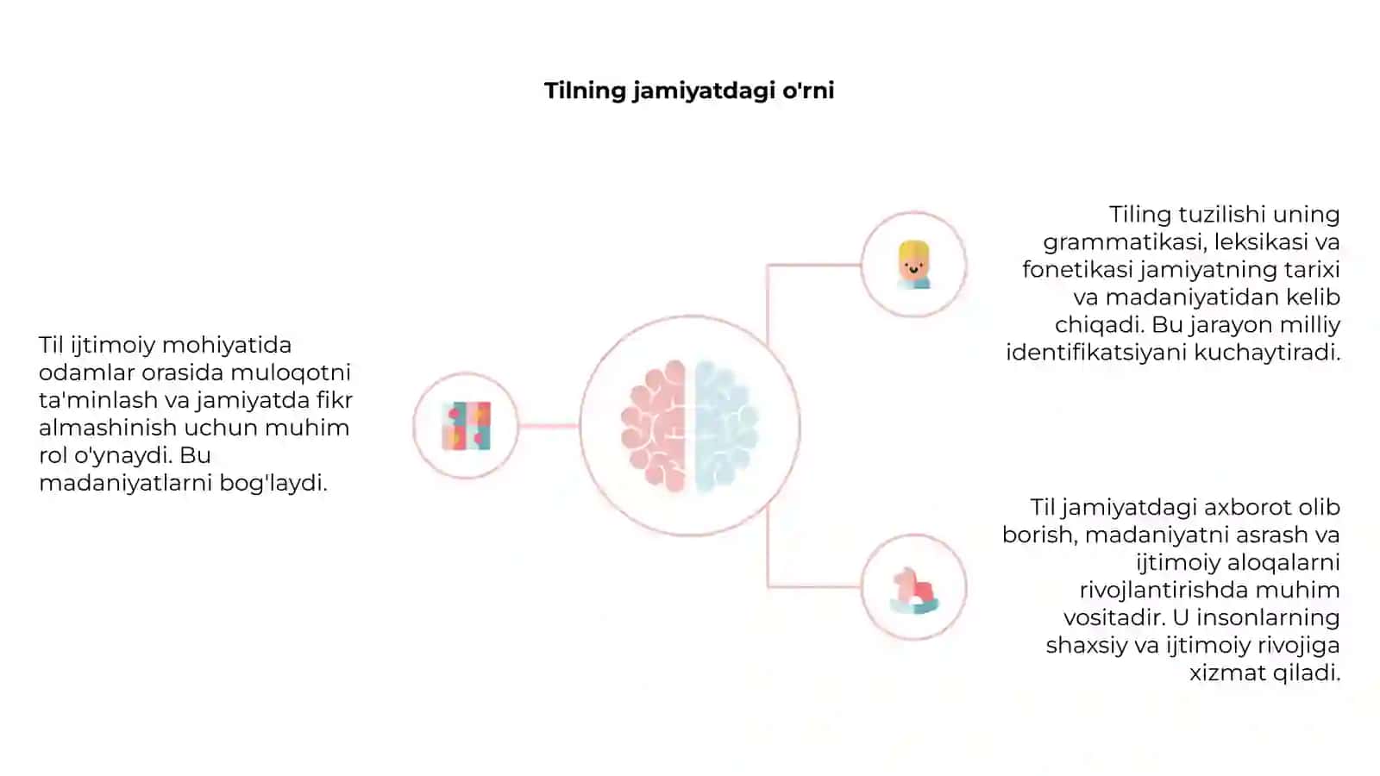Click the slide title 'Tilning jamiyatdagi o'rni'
pos(689,91)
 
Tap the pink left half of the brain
pos(655,426)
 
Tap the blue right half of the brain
pos(726,426)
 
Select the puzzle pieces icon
pos(467,426)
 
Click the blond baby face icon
pos(913,265)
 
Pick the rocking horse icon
pos(914,590)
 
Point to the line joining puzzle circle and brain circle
pos(549,426)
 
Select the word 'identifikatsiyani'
pos(1096,353)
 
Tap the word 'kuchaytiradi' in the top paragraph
pos(1267,353)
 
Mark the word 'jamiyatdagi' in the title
pos(704,91)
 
